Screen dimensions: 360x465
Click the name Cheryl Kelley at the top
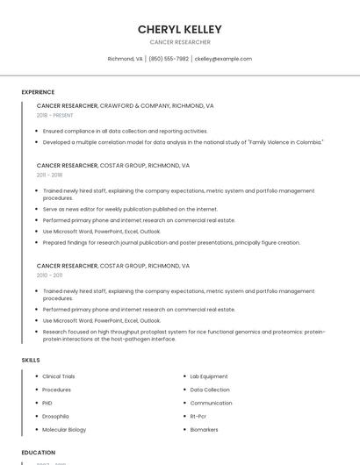[x=179, y=29]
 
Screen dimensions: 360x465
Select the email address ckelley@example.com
[x=223, y=59]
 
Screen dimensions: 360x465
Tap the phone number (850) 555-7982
[x=169, y=59]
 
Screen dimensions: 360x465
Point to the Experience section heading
[x=38, y=92]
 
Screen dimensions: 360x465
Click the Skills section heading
[x=31, y=360]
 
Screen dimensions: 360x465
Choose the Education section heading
[x=39, y=453]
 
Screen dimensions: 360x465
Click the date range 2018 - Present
[x=55, y=115]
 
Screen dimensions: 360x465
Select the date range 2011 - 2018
[x=49, y=175]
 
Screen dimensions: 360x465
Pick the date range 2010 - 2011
[x=49, y=275]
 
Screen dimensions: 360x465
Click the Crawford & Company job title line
[x=125, y=105]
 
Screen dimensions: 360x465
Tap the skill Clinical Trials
[x=59, y=376]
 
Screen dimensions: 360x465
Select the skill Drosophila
[x=55, y=417]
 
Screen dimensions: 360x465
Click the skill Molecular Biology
[x=64, y=430]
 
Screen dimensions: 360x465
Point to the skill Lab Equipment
[x=209, y=376]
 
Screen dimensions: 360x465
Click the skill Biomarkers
[x=204, y=430]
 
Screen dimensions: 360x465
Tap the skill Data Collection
[x=210, y=390]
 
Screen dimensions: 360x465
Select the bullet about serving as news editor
[x=130, y=209]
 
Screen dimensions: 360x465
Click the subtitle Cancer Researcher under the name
[x=179, y=42]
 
